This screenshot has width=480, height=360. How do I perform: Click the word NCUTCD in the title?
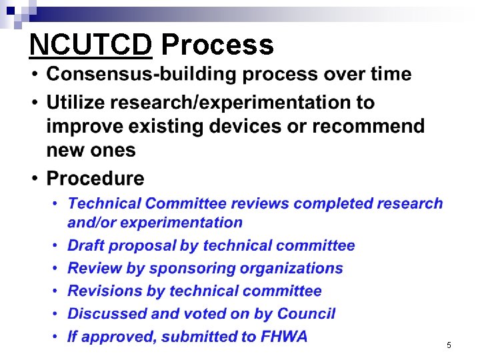[91, 45]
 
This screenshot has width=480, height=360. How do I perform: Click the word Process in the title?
[217, 45]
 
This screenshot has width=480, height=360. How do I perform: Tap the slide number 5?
[449, 345]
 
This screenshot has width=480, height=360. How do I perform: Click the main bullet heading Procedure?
[95, 179]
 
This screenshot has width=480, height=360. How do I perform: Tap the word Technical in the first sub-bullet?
[103, 203]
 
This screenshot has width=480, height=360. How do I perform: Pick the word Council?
[306, 314]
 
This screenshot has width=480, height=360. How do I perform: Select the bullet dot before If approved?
[55, 337]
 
